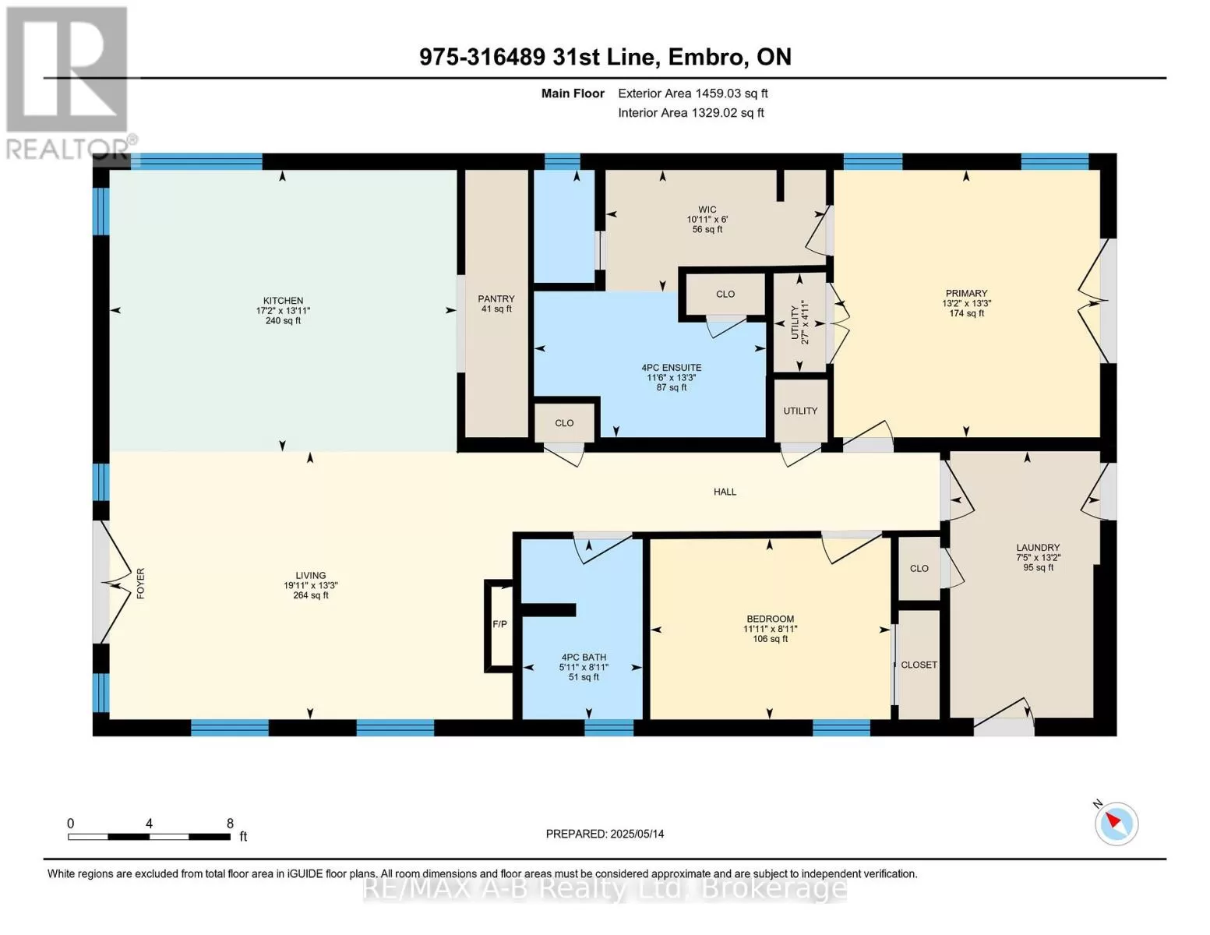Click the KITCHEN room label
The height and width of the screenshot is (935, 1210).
point(283,301)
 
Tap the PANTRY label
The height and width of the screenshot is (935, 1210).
point(496,299)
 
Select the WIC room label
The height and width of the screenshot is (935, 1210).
point(707,210)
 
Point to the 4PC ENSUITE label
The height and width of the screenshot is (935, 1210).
point(671,368)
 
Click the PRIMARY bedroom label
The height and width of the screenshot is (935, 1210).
point(966,294)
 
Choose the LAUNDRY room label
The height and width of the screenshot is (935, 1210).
point(1038,548)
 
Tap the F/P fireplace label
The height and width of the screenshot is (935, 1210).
point(499,624)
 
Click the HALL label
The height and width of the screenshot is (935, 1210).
point(725,492)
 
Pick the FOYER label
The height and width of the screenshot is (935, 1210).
point(140,584)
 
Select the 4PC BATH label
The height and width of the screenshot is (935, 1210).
point(584,657)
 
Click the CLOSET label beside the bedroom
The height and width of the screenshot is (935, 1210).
point(919,665)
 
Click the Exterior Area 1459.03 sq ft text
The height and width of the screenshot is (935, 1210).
point(693,93)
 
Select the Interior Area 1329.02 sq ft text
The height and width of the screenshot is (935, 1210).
point(690,113)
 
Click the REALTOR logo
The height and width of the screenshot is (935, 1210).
point(68,83)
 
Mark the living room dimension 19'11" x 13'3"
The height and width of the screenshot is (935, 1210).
point(311,585)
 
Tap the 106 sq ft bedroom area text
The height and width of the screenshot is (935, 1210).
point(770,639)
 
